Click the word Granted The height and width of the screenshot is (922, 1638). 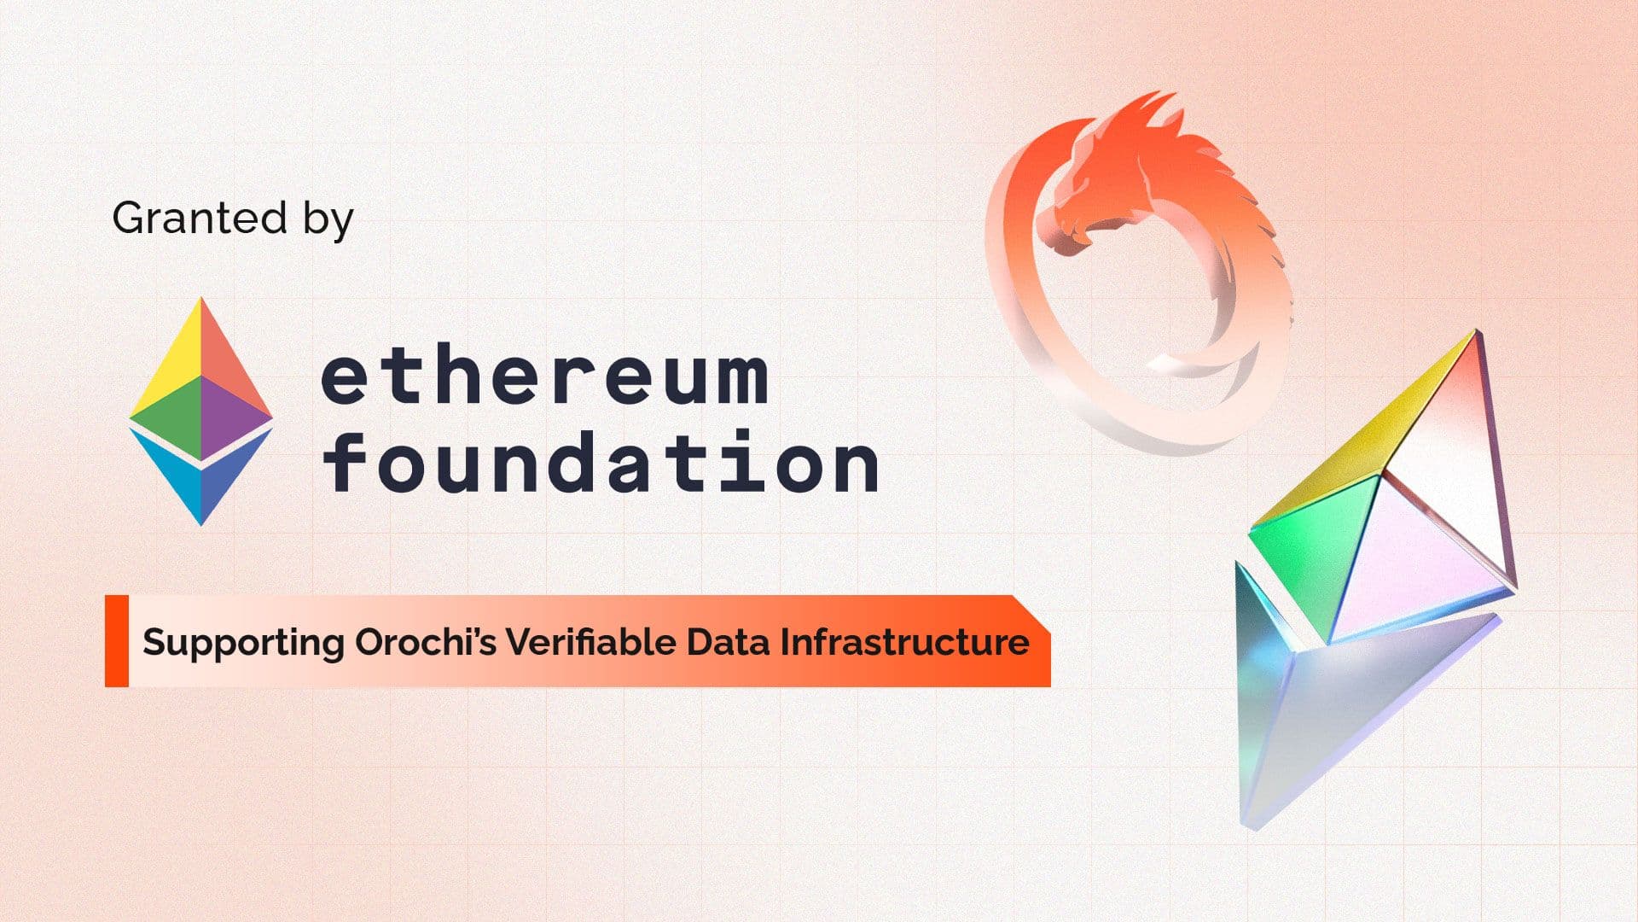point(200,218)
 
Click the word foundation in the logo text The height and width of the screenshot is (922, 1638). point(601,461)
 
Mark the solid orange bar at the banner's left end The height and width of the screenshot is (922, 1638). point(117,641)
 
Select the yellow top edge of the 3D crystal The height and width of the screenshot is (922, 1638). point(1362,427)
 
